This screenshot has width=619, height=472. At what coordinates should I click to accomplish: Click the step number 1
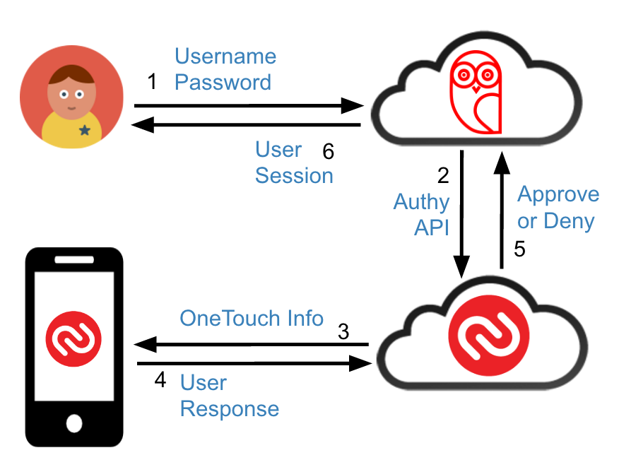[152, 82]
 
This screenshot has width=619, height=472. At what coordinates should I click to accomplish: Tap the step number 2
[443, 175]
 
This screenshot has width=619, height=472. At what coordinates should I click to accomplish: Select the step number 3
[343, 331]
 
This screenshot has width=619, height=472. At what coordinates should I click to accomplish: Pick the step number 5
[519, 250]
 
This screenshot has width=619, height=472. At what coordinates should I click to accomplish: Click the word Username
[225, 56]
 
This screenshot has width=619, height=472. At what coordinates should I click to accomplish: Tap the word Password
[223, 82]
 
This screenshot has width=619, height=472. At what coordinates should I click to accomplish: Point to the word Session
[294, 175]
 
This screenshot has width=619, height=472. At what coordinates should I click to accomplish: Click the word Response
[230, 408]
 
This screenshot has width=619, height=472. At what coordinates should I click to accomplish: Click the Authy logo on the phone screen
[73, 337]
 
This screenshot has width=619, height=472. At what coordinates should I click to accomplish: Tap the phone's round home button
[73, 423]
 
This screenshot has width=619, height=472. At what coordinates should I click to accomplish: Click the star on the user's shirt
[85, 130]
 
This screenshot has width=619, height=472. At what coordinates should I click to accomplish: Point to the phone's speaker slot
[73, 260]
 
